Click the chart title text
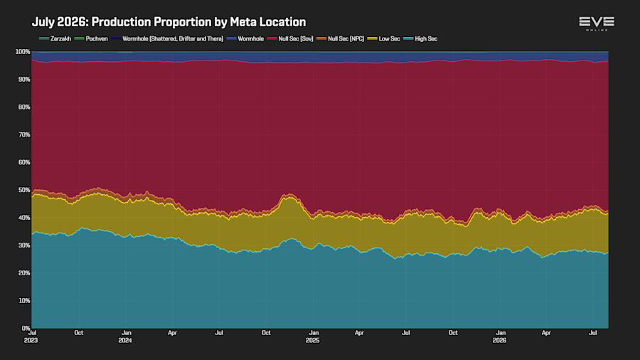coord(169,22)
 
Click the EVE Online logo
coord(597,23)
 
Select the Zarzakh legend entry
coord(55,39)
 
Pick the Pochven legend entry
coord(91,39)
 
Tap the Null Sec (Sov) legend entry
coord(290,39)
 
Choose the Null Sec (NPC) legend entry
coord(340,39)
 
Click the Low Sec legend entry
coord(384,39)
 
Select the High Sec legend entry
coord(420,39)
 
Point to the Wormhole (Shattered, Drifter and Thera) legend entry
coord(167,39)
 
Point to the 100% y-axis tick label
coord(23,52)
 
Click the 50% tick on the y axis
coord(24,190)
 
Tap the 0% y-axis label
coord(26,328)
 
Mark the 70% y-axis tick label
coord(24,134)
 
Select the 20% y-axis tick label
coord(24,273)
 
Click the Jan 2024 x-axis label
coord(126,337)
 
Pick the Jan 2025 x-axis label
coord(313,337)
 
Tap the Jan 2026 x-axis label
coord(500,337)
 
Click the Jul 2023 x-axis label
coord(31,337)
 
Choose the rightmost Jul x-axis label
coord(592,333)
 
